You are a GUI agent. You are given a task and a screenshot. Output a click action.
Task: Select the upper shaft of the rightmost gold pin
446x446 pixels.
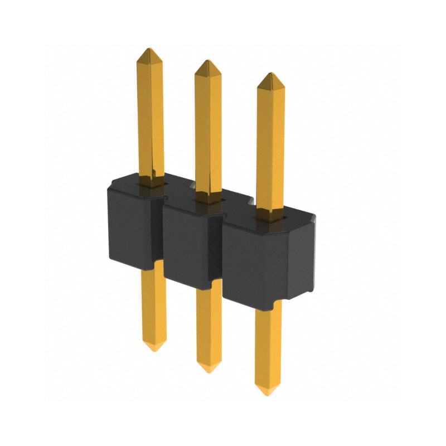point(270,145)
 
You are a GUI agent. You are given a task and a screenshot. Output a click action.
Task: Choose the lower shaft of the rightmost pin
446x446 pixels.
point(268,346)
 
